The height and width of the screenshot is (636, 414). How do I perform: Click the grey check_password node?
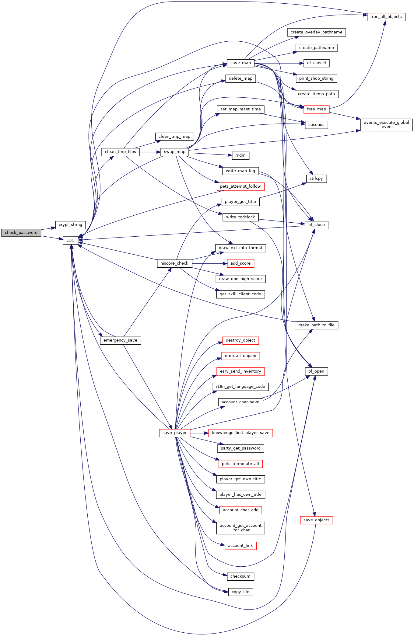pyautogui.click(x=21, y=233)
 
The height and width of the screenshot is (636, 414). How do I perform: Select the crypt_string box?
pyautogui.click(x=70, y=225)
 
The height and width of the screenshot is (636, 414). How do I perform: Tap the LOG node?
pyautogui.click(x=70, y=240)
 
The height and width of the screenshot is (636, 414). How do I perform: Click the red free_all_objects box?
pyautogui.click(x=386, y=17)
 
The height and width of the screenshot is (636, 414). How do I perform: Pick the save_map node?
pyautogui.click(x=240, y=63)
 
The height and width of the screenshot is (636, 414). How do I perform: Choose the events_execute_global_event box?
pyautogui.click(x=386, y=125)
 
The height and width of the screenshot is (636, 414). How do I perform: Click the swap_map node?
pyautogui.click(x=175, y=152)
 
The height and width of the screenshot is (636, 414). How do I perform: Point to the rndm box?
pyautogui.click(x=240, y=155)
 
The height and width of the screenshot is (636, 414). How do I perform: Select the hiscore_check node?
pyautogui.click(x=174, y=263)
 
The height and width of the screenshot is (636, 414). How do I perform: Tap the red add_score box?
pyautogui.click(x=240, y=263)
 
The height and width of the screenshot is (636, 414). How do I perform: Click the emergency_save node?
pyautogui.click(x=121, y=340)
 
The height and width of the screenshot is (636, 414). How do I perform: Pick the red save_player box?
pyautogui.click(x=175, y=433)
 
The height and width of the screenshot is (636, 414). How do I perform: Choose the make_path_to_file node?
pyautogui.click(x=316, y=325)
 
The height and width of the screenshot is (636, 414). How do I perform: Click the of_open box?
pyautogui.click(x=316, y=371)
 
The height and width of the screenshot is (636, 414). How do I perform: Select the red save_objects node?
pyautogui.click(x=316, y=520)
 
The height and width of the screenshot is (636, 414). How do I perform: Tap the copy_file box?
pyautogui.click(x=240, y=592)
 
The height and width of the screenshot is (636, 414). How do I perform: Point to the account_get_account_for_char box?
pyautogui.click(x=240, y=528)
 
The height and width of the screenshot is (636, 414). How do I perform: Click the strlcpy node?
pyautogui.click(x=316, y=179)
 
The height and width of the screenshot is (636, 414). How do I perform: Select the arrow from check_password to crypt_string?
pyautogui.click(x=48, y=228)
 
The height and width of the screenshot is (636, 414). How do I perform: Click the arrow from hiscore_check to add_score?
pyautogui.click(x=209, y=263)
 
